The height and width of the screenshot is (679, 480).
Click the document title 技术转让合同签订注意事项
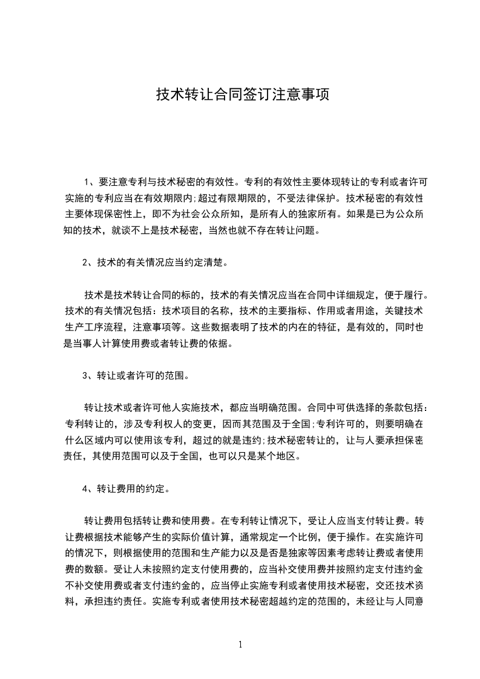point(243,95)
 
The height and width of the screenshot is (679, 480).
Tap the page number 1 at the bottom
point(240,645)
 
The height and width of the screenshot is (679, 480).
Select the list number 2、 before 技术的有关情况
point(88,263)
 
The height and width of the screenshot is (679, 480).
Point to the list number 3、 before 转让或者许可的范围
point(88,376)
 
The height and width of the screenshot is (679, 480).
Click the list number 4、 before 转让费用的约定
point(88,489)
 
